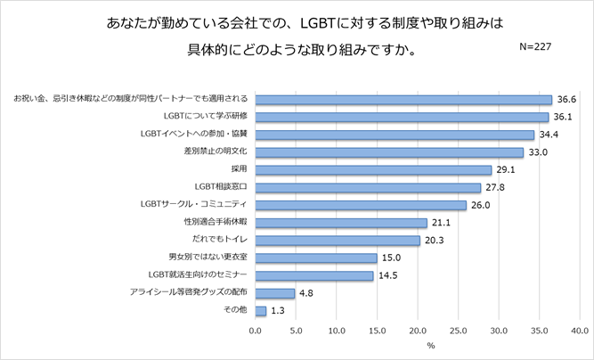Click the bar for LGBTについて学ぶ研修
pyautogui.click(x=402, y=117)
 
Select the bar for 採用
pyautogui.click(x=373, y=169)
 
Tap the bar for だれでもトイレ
pyautogui.click(x=338, y=241)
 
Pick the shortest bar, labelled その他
pyautogui.click(x=261, y=311)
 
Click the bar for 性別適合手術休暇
pyautogui.click(x=341, y=223)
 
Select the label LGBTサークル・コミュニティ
pyautogui.click(x=192, y=205)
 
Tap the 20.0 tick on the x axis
pyautogui.click(x=418, y=331)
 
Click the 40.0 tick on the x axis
pyautogui.click(x=580, y=331)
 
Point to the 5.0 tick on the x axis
pyautogui.click(x=297, y=331)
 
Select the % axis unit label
pyautogui.click(x=430, y=345)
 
